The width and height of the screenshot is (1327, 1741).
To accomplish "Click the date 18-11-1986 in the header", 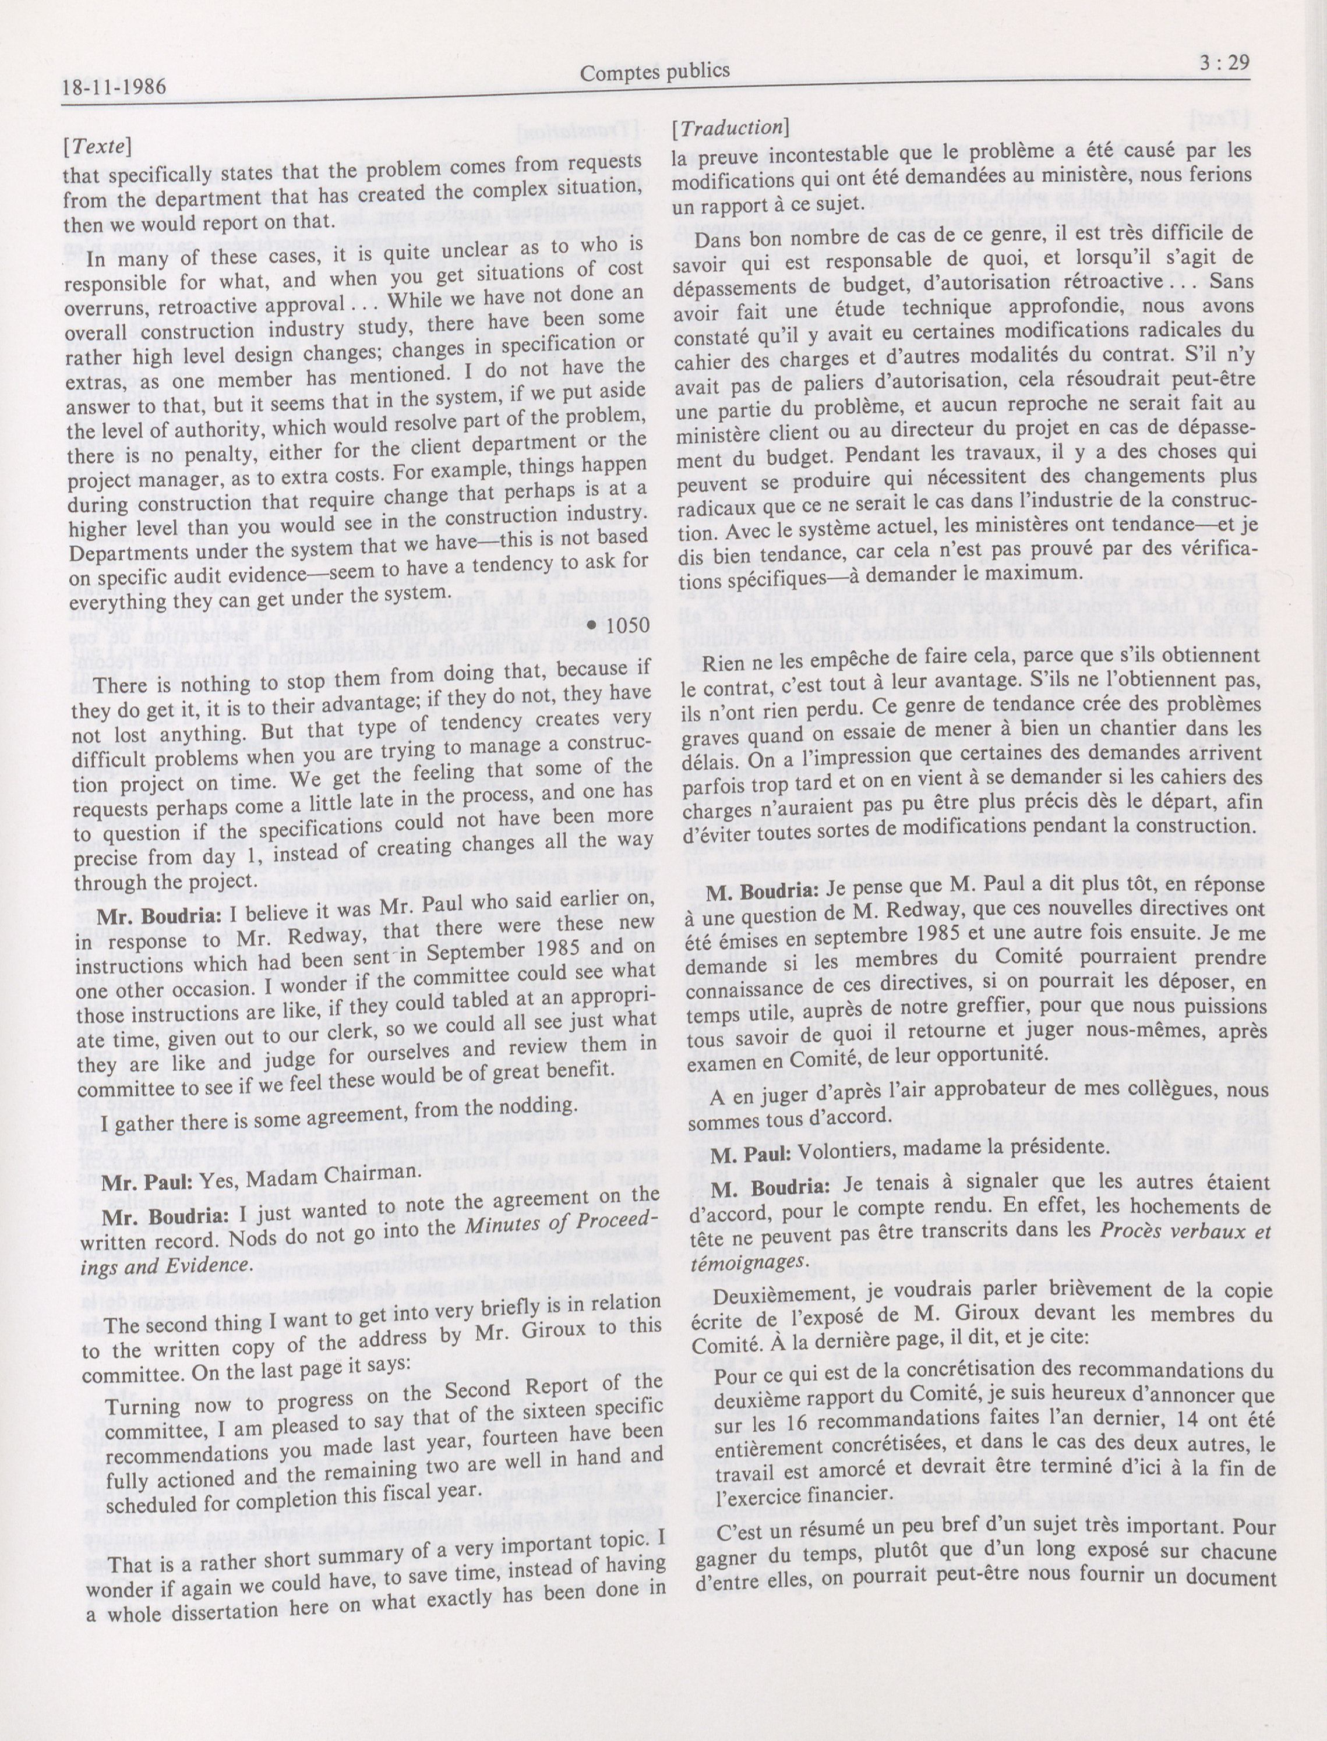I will (x=114, y=87).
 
